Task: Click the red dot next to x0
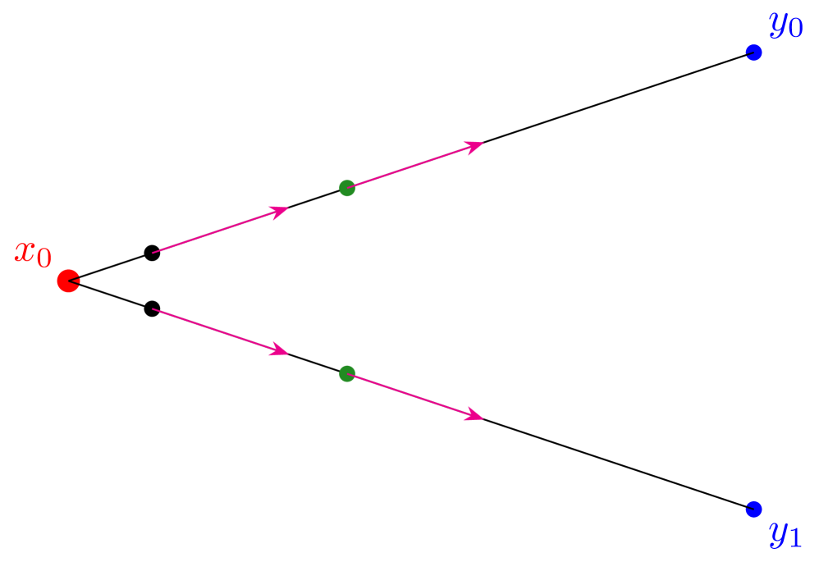point(68,281)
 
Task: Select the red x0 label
point(33,254)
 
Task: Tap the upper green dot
point(347,188)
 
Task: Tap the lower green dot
point(347,373)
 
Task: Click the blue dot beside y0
point(753,53)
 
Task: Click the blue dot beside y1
point(753,509)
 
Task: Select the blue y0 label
point(785,25)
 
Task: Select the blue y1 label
point(785,534)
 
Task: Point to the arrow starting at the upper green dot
point(415,166)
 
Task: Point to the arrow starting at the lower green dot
point(415,396)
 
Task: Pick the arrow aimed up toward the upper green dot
point(220,231)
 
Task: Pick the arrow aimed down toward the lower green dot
point(220,331)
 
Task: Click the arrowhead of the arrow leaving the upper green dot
point(475,146)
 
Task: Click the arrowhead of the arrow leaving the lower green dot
point(475,416)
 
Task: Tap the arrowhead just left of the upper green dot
point(281,211)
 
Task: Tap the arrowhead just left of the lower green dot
point(281,351)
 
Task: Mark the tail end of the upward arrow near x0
point(153,252)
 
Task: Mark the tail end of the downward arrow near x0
point(153,309)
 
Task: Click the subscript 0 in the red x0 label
point(43,259)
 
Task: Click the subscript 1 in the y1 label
point(794,539)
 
